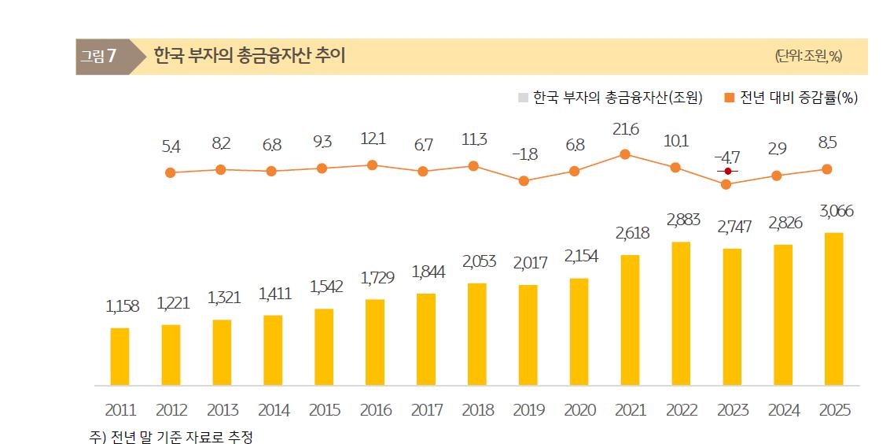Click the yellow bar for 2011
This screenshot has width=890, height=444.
click(120, 357)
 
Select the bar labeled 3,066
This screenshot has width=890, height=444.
click(834, 309)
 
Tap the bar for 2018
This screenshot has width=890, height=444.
click(477, 334)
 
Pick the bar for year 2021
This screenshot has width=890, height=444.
click(630, 320)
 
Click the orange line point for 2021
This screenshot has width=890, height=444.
click(625, 154)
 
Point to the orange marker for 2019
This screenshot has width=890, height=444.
click(524, 180)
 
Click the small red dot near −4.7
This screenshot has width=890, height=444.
click(728, 171)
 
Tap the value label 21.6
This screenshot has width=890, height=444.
click(625, 129)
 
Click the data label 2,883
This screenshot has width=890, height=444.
click(682, 220)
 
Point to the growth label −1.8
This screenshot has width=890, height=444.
click(524, 154)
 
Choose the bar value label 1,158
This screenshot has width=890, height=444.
click(122, 306)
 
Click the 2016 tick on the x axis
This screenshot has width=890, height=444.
click(375, 410)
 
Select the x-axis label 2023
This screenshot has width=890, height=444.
click(732, 410)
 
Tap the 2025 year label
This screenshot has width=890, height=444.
click(834, 410)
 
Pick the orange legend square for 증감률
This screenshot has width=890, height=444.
click(729, 98)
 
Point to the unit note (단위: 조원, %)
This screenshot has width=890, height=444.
click(808, 56)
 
